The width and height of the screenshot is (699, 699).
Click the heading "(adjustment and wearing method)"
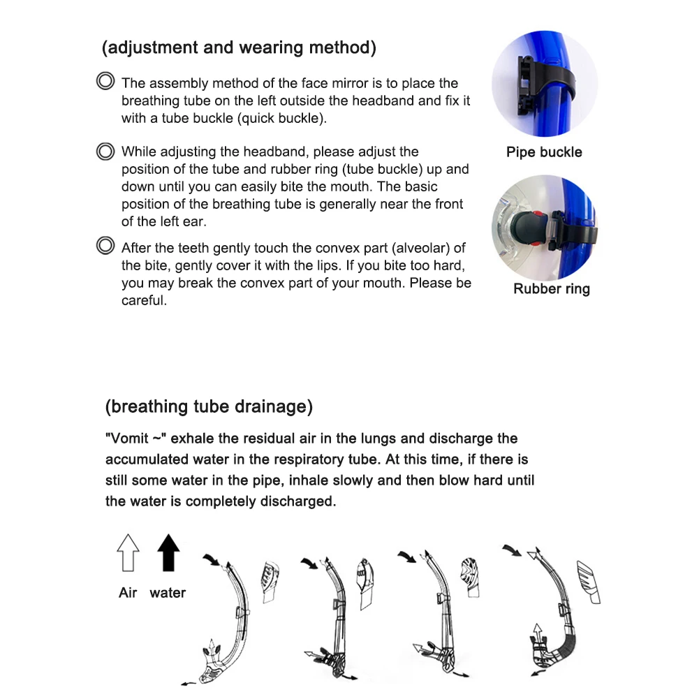239,48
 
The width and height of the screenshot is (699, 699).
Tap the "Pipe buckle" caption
544,152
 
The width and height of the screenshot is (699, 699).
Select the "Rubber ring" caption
551,289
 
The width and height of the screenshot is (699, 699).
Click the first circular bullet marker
105,82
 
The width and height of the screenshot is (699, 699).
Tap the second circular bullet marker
105,151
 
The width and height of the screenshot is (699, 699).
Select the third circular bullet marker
105,246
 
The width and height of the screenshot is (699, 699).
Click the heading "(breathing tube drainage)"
209,406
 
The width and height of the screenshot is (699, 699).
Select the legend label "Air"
128,593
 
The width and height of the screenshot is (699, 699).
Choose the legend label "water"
168,593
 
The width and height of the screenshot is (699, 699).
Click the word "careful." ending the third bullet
144,302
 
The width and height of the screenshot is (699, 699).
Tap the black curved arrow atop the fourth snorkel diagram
513,550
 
